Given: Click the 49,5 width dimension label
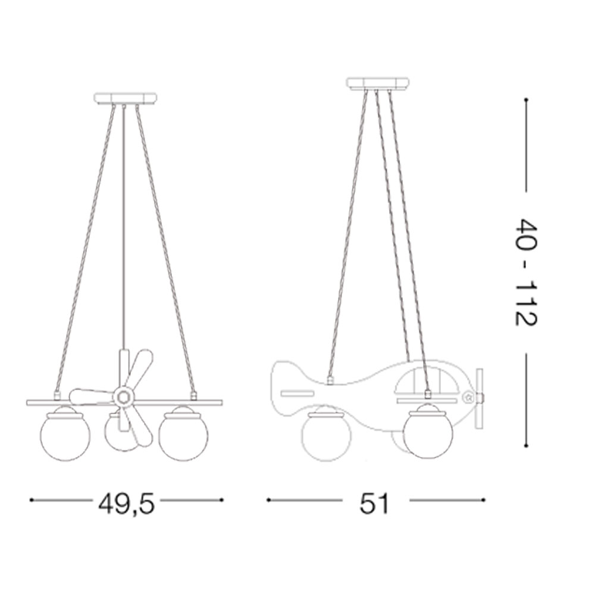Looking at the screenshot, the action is [x=126, y=505].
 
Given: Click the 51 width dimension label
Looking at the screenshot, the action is [x=374, y=504].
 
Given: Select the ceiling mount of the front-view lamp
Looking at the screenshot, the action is [x=125, y=98].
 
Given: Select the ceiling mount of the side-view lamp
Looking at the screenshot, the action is [x=378, y=84].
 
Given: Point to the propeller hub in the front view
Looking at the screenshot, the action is [x=123, y=397].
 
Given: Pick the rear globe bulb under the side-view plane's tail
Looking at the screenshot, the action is [x=326, y=436].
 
